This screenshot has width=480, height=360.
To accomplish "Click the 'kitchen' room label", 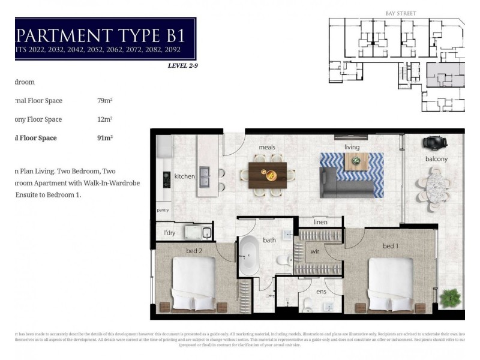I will [x=185, y=176].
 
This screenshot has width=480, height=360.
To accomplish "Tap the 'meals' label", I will [x=267, y=146].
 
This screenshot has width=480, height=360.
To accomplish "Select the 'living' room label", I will [x=352, y=147].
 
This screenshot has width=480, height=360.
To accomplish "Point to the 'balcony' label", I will [x=436, y=159].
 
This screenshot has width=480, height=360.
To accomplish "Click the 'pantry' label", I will [x=163, y=211].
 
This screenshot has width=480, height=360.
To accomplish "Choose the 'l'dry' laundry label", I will [x=169, y=232].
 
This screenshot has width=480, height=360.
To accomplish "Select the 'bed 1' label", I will [x=391, y=246].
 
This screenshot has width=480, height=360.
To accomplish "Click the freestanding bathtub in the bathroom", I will [x=248, y=256].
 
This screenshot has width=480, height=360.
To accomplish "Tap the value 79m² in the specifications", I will [x=105, y=101].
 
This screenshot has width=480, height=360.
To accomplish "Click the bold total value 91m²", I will [x=105, y=138].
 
